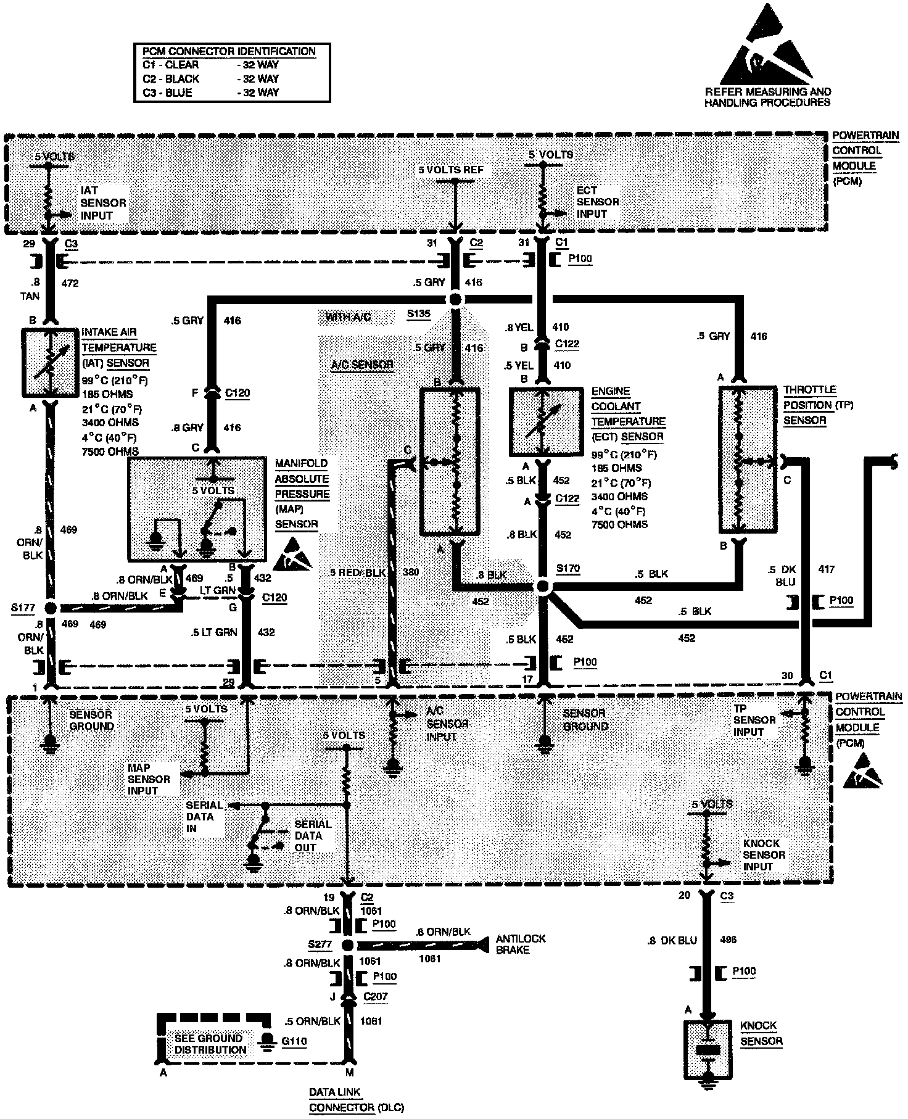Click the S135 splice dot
point(455,300)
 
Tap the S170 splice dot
point(543,587)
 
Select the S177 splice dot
point(51,608)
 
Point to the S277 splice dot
point(347,946)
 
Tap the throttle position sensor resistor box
point(748,459)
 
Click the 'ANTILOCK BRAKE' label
point(521,944)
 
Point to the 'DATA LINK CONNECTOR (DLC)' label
point(356,1101)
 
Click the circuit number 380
point(410,572)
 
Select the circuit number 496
point(728,940)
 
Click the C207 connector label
point(376,996)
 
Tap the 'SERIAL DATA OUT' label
point(313,836)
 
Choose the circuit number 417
point(826,569)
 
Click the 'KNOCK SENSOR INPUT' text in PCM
point(764,855)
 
